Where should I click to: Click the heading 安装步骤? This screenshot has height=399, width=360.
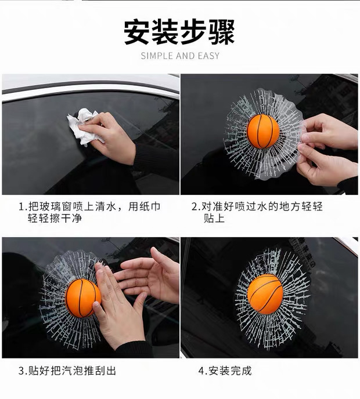pos(179,32)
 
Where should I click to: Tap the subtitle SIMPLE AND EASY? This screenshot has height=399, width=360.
pos(180,56)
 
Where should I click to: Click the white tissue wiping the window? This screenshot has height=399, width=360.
pos(83,127)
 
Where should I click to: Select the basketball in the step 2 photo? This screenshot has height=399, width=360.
pos(263,131)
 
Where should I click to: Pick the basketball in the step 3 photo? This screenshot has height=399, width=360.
pos(82,298)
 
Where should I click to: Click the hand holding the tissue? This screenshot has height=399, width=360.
pos(110,137)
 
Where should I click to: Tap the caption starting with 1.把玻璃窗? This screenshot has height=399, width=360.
pos(89,212)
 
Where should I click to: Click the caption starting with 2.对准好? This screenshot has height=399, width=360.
pos(257,212)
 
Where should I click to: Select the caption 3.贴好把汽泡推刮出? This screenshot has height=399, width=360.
pos(67,371)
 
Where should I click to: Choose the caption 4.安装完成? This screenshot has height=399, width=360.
pos(225,371)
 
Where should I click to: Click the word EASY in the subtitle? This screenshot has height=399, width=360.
pos(208,56)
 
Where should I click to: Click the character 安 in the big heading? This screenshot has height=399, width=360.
pos(137,32)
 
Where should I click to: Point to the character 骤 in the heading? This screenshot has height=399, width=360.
pos(222,32)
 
